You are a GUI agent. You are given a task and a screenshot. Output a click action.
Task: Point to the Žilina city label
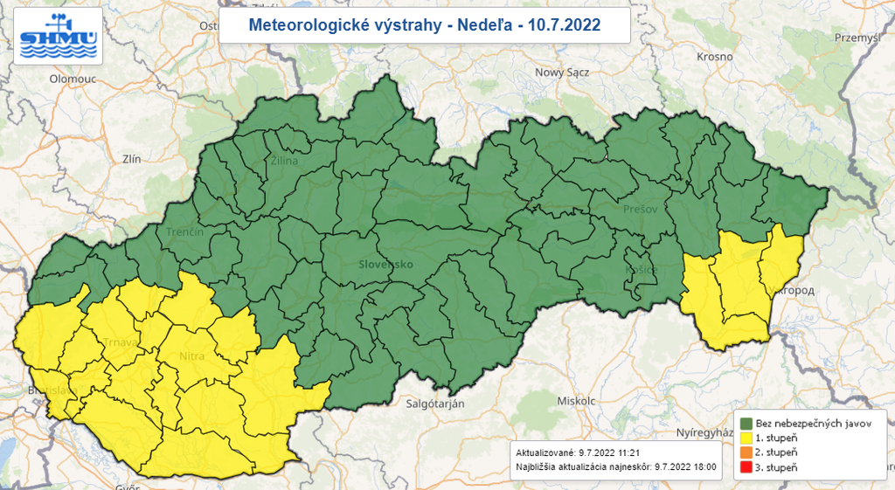[x=284, y=161]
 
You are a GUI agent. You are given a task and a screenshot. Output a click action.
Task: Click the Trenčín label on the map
[x=184, y=232]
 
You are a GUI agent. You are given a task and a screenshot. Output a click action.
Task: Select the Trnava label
[x=121, y=342]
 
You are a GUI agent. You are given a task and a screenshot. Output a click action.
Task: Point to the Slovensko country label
[x=385, y=264]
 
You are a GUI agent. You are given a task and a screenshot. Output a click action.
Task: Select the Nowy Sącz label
[x=562, y=72]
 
